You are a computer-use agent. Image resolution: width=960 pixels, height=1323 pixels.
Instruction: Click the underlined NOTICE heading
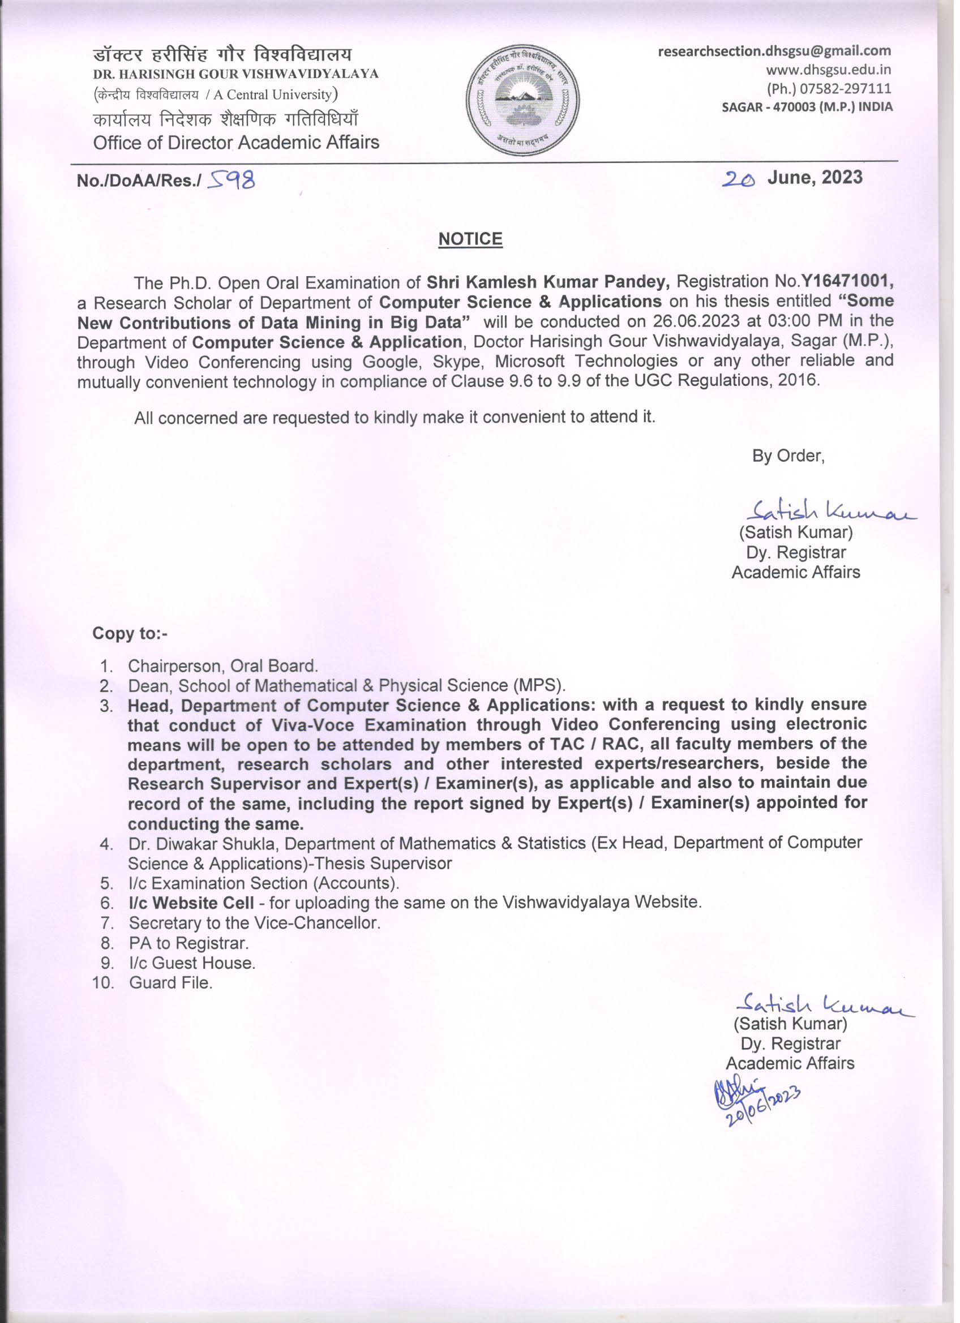click(470, 239)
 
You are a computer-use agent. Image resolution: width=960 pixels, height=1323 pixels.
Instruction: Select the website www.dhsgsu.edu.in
click(828, 70)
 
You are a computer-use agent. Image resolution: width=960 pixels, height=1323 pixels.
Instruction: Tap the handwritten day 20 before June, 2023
click(738, 179)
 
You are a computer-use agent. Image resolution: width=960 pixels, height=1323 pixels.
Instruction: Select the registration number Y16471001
click(847, 282)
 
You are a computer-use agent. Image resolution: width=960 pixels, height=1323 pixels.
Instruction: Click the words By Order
click(788, 456)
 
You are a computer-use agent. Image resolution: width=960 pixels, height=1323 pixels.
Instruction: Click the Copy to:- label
click(130, 634)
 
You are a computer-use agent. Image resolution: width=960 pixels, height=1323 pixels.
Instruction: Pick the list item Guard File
click(170, 983)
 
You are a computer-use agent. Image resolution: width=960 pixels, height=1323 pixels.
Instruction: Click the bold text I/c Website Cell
click(191, 903)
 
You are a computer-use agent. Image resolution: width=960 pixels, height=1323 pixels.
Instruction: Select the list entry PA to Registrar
click(188, 943)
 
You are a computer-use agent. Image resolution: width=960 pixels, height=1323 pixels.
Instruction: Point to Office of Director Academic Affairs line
click(236, 143)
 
